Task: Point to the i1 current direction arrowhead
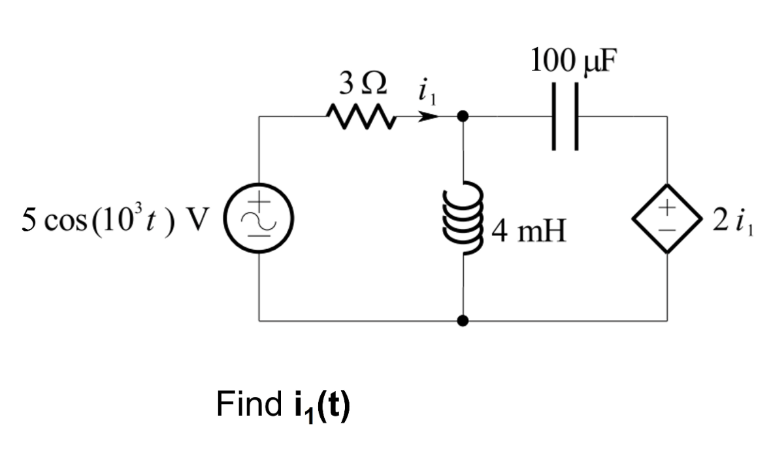pyautogui.click(x=429, y=118)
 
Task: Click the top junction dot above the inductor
pyautogui.click(x=463, y=117)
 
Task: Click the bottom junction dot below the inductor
pyautogui.click(x=463, y=320)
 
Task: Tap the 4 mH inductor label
pyautogui.click(x=528, y=231)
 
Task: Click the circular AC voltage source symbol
pyautogui.click(x=259, y=219)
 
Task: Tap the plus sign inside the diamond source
pyautogui.click(x=667, y=209)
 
